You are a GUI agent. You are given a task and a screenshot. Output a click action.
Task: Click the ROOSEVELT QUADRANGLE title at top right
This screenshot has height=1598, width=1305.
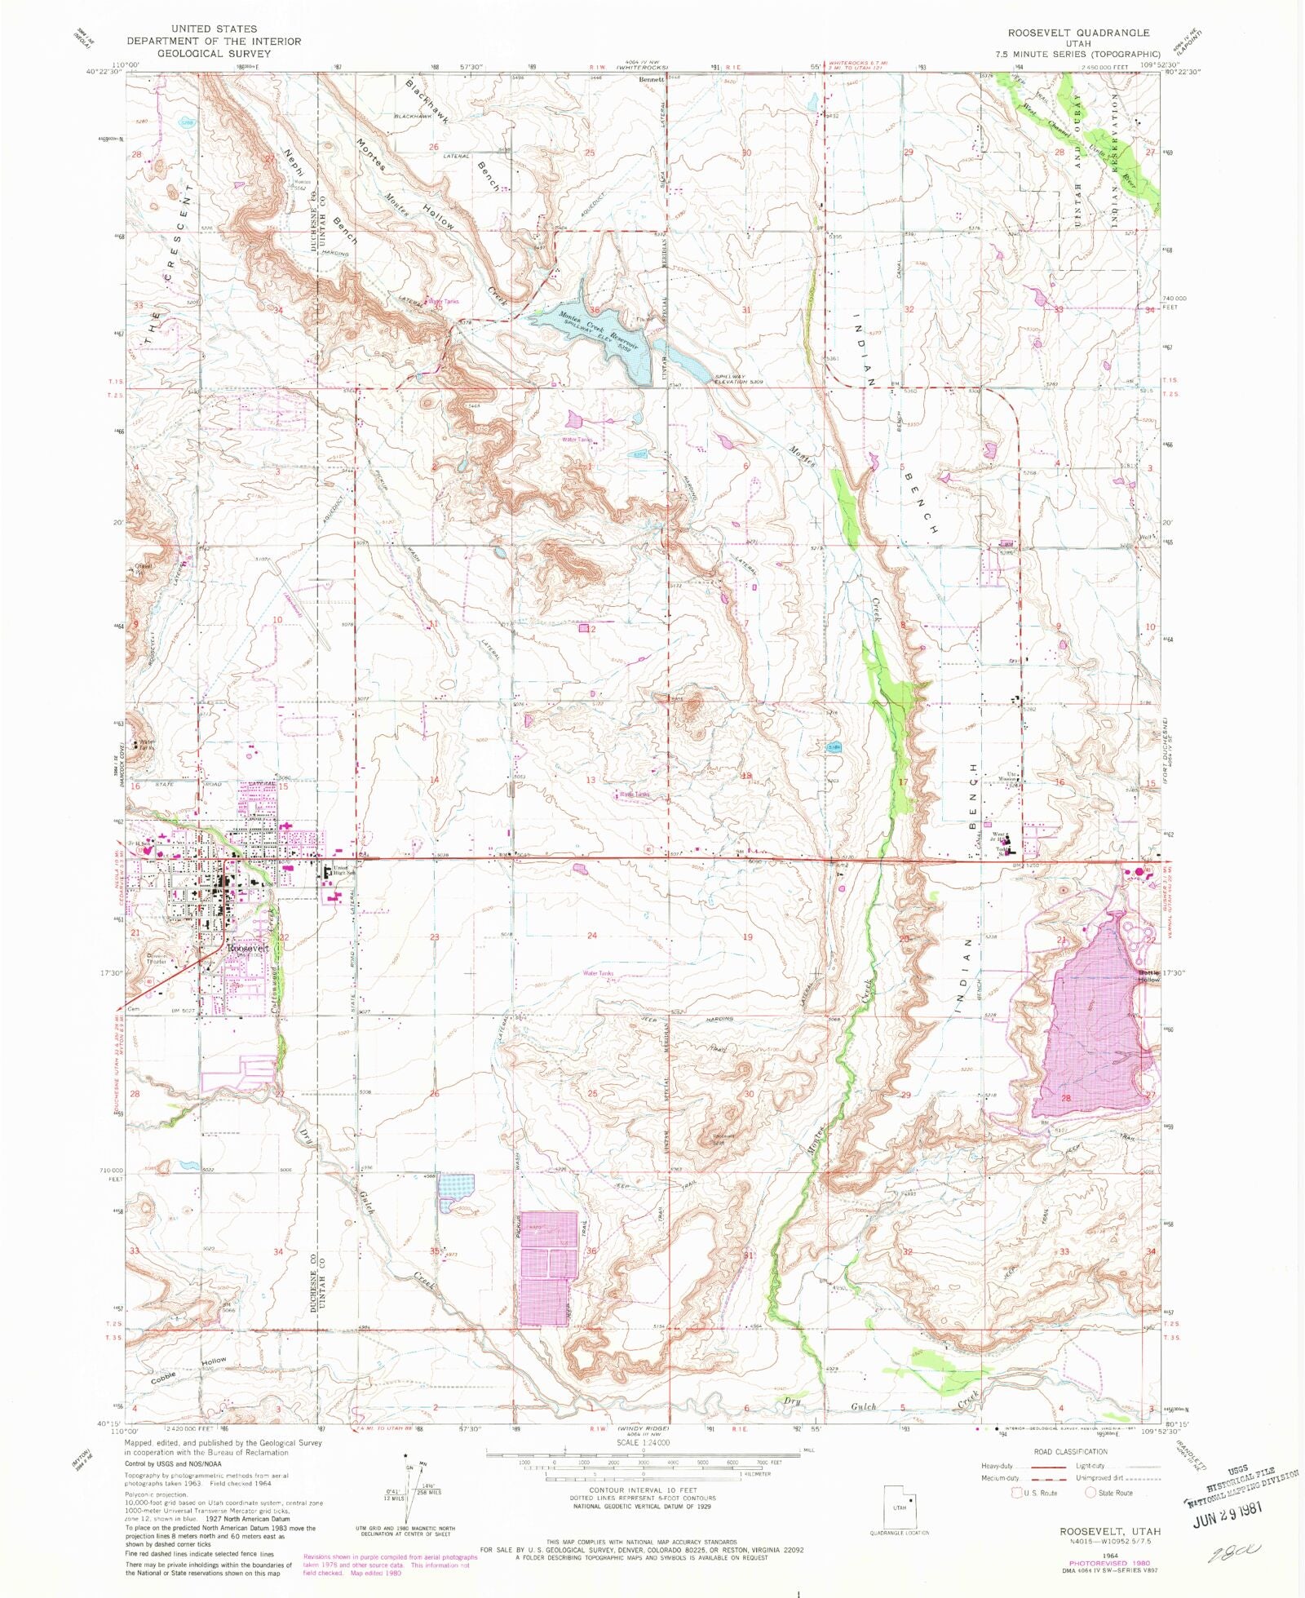click(1078, 33)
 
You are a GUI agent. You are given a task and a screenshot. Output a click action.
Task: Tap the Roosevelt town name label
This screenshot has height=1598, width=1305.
click(248, 949)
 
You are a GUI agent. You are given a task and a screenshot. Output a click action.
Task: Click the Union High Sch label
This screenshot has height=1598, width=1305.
click(342, 870)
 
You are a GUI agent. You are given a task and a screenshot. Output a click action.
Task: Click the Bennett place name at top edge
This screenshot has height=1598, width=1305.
click(652, 80)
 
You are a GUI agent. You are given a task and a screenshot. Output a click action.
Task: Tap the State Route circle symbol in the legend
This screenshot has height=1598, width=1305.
click(1090, 1493)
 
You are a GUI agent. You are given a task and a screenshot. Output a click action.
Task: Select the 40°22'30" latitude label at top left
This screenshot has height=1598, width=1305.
click(104, 71)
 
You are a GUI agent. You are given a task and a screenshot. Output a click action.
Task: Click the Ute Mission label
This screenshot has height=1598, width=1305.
click(1012, 776)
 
